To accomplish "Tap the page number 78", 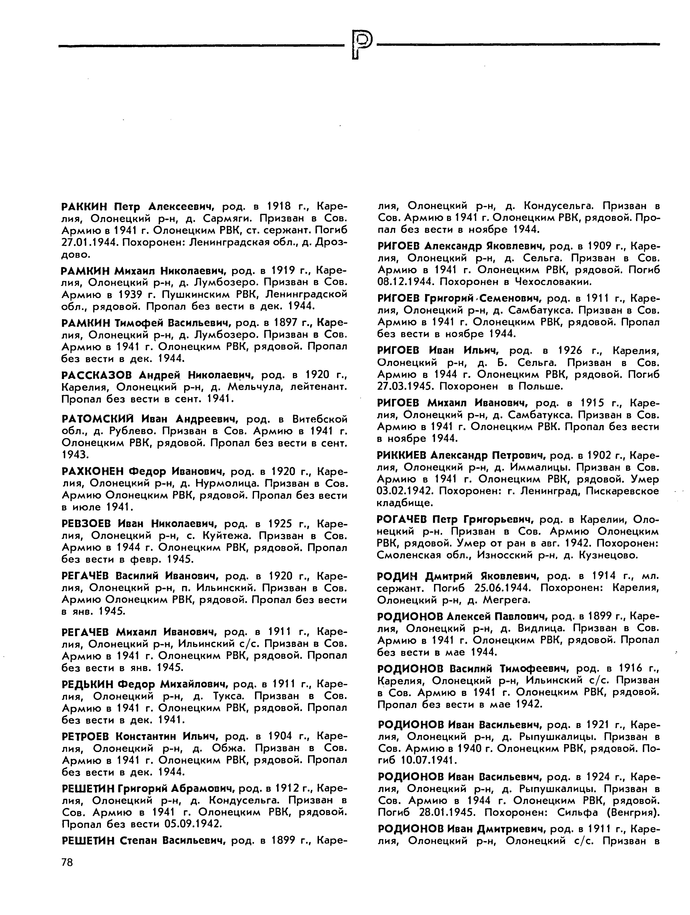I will [67, 863].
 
